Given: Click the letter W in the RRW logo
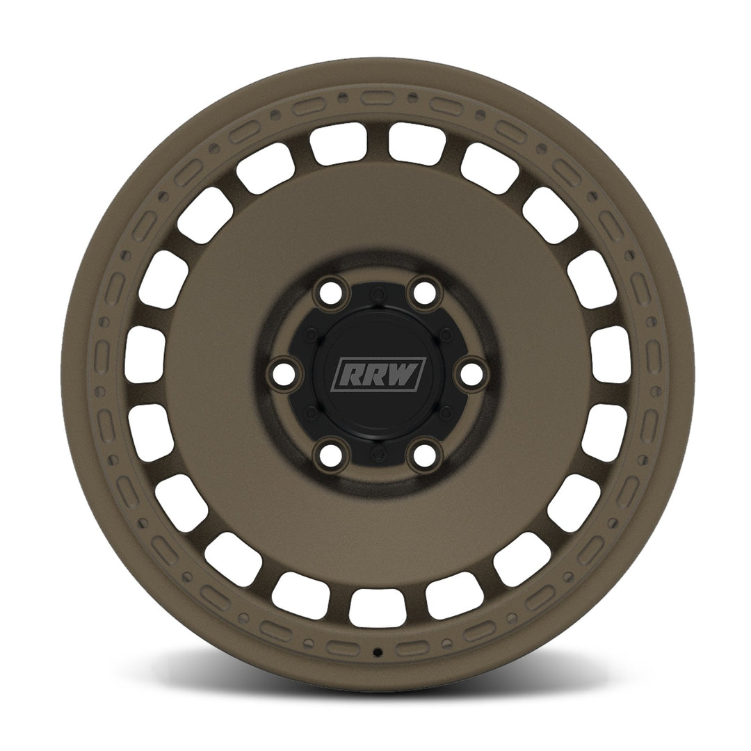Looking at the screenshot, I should pyautogui.click(x=406, y=375).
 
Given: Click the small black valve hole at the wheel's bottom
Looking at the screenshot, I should pyautogui.click(x=377, y=652).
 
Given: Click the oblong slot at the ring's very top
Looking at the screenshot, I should pyautogui.click(x=377, y=98).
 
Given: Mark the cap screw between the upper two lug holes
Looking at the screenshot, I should pyautogui.click(x=377, y=290).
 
